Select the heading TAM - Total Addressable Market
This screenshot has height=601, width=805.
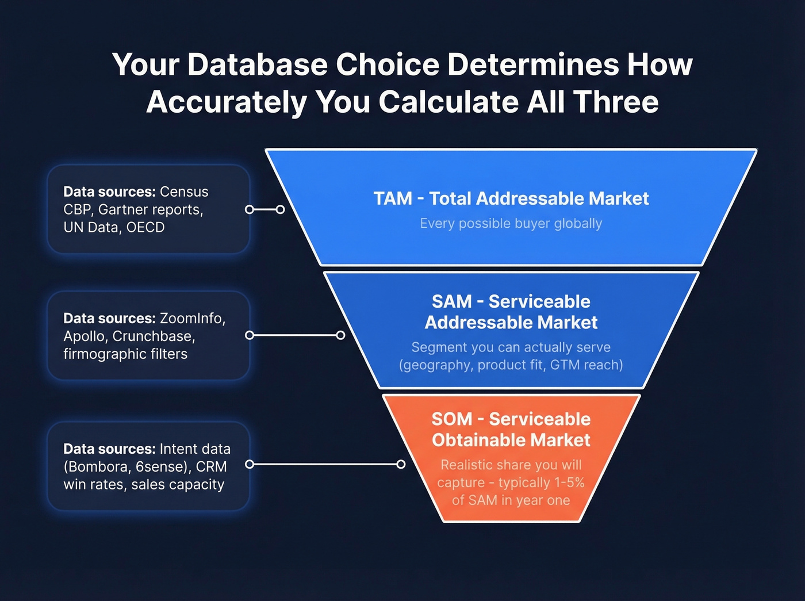tap(511, 198)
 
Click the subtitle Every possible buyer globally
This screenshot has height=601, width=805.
tap(511, 223)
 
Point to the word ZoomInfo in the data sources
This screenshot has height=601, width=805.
tap(192, 318)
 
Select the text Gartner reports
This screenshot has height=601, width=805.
tap(151, 209)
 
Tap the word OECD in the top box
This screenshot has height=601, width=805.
tap(145, 227)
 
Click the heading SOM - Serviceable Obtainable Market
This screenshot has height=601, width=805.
tap(511, 430)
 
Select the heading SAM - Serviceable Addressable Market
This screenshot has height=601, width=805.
tap(511, 312)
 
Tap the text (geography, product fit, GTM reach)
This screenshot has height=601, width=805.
tap(511, 365)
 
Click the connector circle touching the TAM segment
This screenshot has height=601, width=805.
tap(280, 209)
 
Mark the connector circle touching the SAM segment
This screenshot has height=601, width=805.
tap(340, 335)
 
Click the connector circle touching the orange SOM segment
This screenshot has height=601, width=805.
tap(401, 464)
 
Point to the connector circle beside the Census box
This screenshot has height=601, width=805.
tap(250, 209)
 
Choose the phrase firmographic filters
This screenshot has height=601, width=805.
tap(125, 354)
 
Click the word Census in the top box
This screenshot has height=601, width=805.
tap(184, 192)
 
